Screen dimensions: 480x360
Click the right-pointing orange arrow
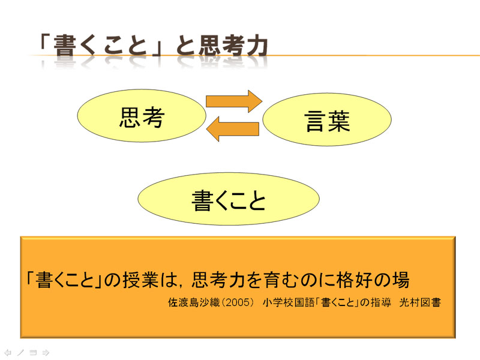point(234,101)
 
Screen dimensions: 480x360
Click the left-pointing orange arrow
point(233,129)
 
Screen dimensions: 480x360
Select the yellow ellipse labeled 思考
point(142,116)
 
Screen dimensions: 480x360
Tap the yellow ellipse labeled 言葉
point(327,119)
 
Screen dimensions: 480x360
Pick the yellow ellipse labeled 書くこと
point(229,199)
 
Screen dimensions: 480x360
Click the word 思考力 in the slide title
point(233,47)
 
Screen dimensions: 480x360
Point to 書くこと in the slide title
point(100,46)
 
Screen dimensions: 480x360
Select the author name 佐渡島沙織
point(194,302)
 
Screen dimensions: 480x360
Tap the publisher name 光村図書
point(420,302)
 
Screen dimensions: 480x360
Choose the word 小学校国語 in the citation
point(289,302)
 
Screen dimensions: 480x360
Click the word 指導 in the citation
point(381,302)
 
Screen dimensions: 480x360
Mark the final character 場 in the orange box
point(401,280)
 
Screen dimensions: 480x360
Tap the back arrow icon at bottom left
point(8,353)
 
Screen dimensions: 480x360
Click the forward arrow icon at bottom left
point(46,353)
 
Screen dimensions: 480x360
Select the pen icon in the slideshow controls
point(20,353)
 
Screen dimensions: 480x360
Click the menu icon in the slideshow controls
point(33,353)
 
